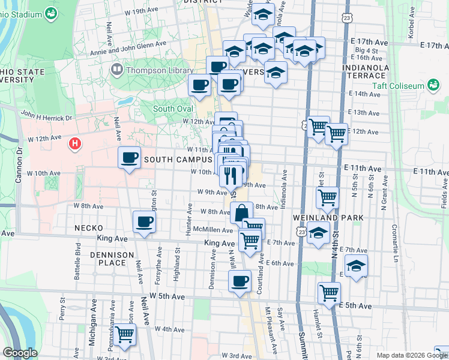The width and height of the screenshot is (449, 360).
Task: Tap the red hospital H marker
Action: pyautogui.click(x=75, y=143)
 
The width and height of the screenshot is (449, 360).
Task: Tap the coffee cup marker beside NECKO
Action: pyautogui.click(x=144, y=222)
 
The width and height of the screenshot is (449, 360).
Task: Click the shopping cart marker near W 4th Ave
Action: pyautogui.click(x=125, y=334)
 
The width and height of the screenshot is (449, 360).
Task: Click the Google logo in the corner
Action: pyautogui.click(x=20, y=353)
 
